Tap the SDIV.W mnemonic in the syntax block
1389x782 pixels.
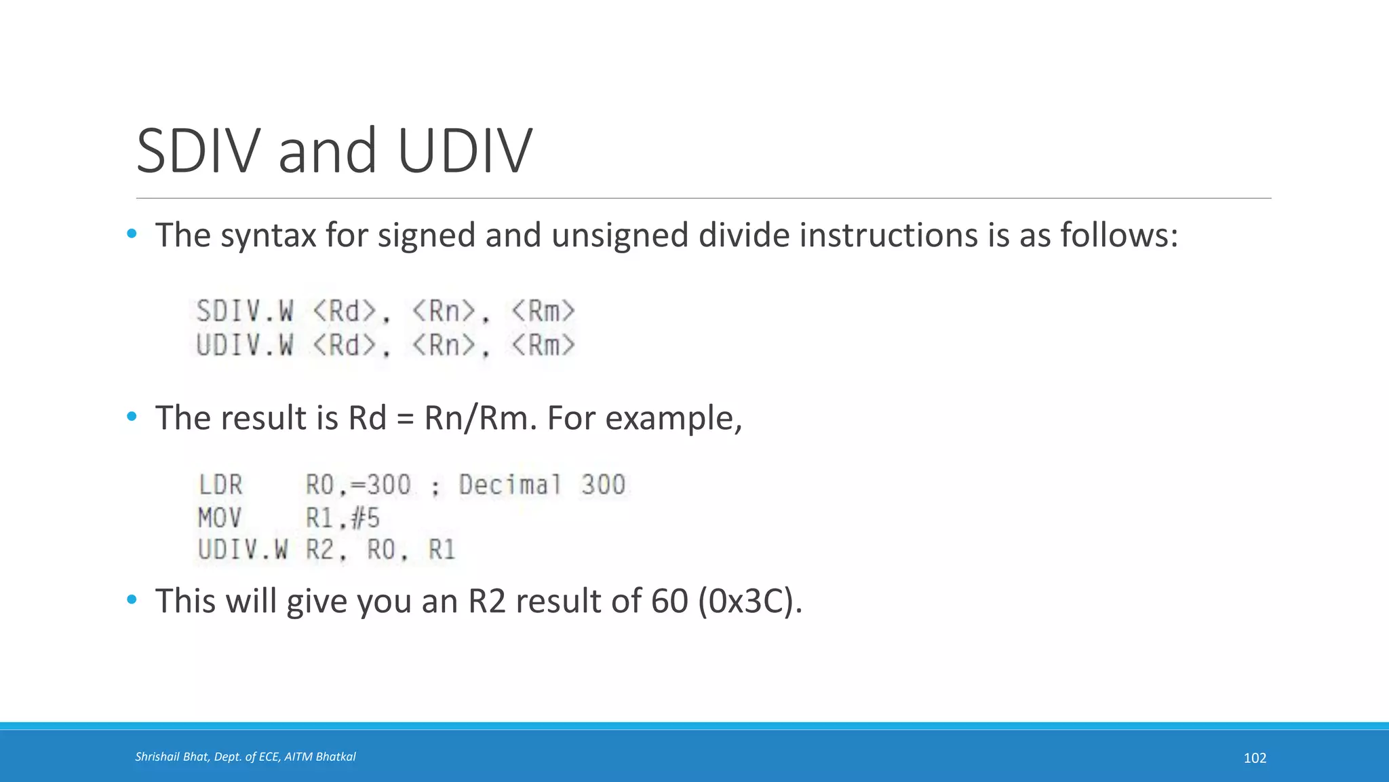(245, 312)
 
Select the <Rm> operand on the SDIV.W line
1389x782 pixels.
(543, 312)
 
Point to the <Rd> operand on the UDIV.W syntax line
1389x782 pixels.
(345, 346)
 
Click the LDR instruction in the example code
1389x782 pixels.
(220, 485)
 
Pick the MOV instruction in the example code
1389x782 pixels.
(220, 519)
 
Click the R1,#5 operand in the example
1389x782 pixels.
(343, 519)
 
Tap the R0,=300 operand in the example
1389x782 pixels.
(358, 485)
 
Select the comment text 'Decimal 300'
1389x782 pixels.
(542, 485)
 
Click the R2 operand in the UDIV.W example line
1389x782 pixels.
(320, 550)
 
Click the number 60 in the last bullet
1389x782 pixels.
(669, 601)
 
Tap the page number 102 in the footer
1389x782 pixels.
(1255, 758)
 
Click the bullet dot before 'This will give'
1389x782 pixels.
(132, 599)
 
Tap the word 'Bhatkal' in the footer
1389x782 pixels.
(336, 757)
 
